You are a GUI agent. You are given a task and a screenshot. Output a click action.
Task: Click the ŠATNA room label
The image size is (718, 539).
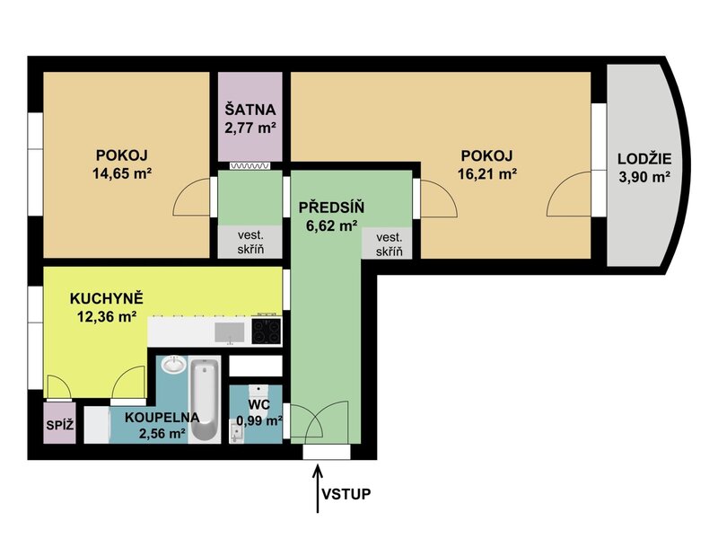tap(250, 110)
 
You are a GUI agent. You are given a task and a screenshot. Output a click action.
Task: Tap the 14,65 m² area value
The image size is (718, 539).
tap(122, 173)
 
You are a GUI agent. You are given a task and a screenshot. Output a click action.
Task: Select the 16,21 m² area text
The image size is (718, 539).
tap(487, 173)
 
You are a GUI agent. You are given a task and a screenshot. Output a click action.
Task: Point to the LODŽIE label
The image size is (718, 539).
tap(644, 159)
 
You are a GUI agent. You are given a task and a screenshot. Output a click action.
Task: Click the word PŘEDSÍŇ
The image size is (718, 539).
tap(331, 208)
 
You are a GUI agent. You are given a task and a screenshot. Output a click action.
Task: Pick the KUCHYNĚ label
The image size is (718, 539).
tap(107, 298)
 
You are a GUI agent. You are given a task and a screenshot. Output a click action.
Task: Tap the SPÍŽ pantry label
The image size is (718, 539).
tap(59, 425)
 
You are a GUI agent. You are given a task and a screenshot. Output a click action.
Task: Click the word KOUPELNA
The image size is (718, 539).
tap(162, 418)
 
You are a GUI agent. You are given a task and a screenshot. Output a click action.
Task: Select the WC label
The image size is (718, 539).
tap(259, 405)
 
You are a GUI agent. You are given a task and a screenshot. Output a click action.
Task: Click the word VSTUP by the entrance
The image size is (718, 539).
tap(346, 494)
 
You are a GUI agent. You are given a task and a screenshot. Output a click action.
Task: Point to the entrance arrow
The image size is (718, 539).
tap(317, 489)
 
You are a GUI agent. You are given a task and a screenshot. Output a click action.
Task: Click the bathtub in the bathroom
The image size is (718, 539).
tap(205, 401)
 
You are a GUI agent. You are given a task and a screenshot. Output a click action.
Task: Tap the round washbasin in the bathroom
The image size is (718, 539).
tap(173, 366)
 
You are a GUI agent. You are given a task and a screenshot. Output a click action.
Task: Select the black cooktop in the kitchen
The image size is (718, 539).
tap(267, 331)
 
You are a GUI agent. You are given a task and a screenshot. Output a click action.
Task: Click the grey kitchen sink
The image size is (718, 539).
tap(230, 332)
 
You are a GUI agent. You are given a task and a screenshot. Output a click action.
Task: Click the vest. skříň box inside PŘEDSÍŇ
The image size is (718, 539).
tap(389, 244)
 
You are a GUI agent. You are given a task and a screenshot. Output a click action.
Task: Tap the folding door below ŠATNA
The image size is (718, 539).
tap(250, 166)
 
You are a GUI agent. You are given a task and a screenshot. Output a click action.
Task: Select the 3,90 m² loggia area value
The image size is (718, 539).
tap(644, 176)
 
